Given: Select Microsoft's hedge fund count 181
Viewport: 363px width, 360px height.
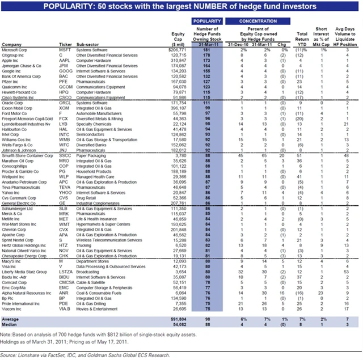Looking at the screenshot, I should (206, 50).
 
